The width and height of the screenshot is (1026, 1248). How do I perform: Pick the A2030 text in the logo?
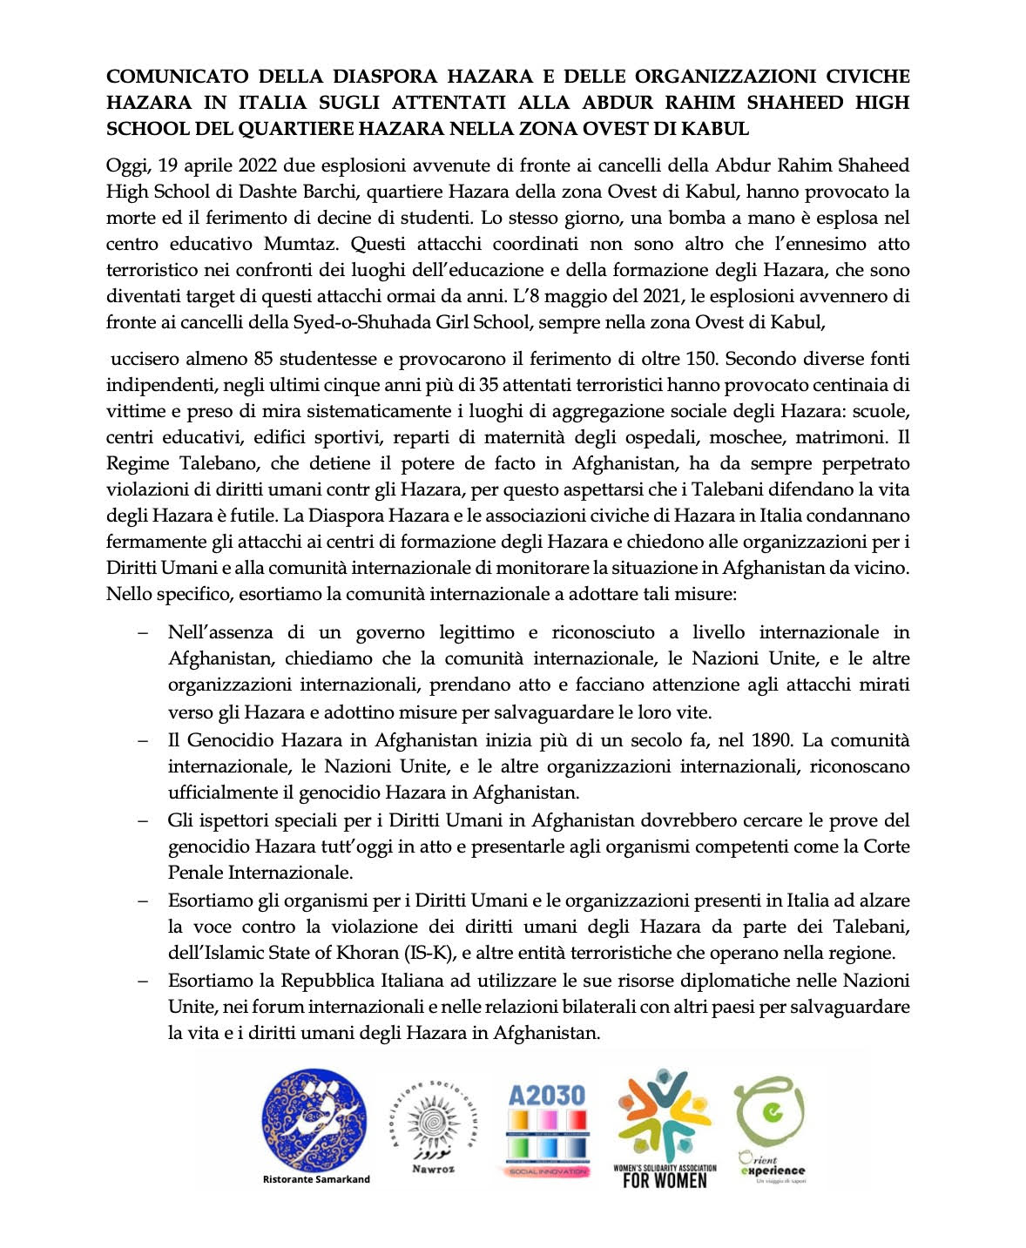pos(546,1096)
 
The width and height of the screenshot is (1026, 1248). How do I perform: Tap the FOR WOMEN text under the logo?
pos(665,1182)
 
